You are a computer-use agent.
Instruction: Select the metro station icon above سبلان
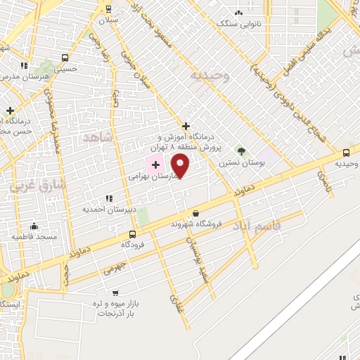pyautogui.click(x=108, y=8)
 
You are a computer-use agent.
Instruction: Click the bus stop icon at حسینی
pyautogui.click(x=65, y=58)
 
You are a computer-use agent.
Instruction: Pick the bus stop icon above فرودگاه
pyautogui.click(x=132, y=234)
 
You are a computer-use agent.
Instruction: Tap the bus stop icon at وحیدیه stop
pyautogui.click(x=346, y=153)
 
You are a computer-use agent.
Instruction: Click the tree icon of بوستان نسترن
pyautogui.click(x=241, y=151)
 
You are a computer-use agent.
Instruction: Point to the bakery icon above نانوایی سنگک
pyautogui.click(x=239, y=13)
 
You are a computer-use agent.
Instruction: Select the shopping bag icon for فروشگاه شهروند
pyautogui.click(x=195, y=213)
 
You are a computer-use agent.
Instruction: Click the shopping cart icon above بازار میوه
pyautogui.click(x=115, y=292)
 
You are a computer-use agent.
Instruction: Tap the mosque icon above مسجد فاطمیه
pyautogui.click(x=34, y=226)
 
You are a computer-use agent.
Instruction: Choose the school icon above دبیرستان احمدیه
pyautogui.click(x=107, y=199)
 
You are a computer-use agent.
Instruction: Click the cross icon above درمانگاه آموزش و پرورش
pyautogui.click(x=186, y=125)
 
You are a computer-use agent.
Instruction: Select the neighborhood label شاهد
pyautogui.click(x=97, y=136)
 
